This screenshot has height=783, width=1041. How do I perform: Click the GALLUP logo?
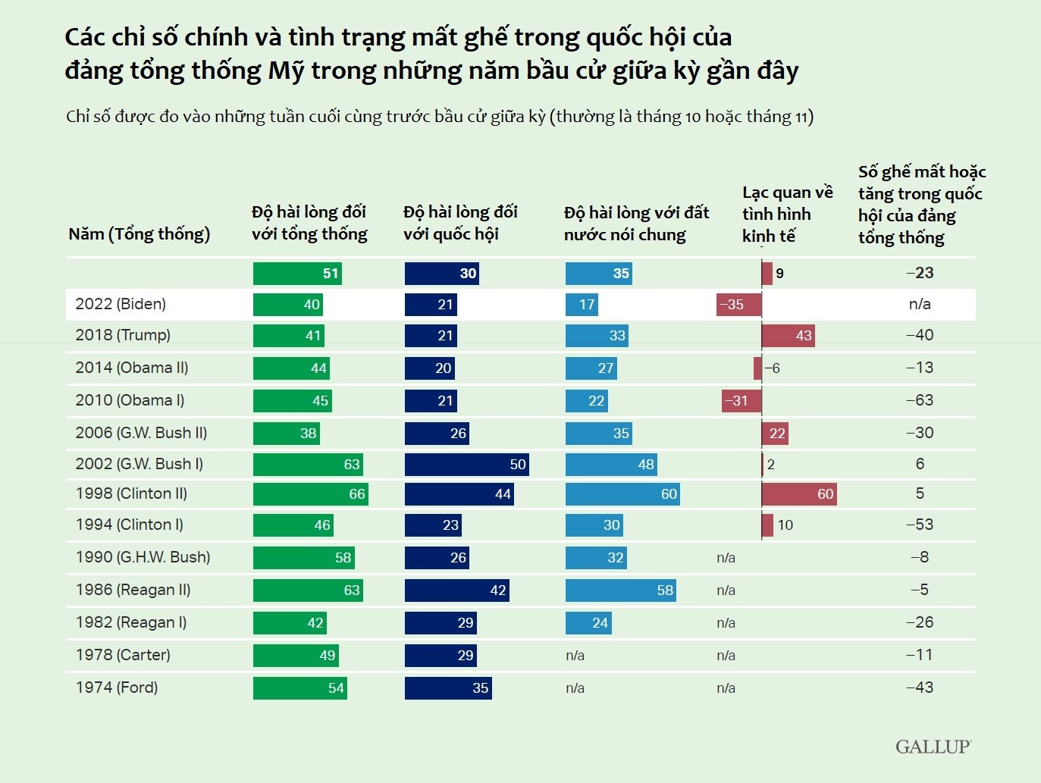tap(933, 747)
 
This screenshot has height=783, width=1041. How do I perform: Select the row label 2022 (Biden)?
tap(121, 304)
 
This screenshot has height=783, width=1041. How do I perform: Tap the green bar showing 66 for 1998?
tap(310, 494)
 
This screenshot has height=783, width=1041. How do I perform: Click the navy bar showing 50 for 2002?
tap(466, 464)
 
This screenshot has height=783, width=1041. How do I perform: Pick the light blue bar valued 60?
tap(622, 494)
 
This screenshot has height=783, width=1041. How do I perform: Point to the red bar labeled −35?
tap(738, 305)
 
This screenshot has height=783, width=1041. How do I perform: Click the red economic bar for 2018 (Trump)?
tap(788, 335)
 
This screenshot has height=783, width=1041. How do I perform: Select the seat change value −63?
tap(920, 400)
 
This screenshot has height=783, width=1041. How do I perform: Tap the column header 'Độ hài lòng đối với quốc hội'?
tap(460, 223)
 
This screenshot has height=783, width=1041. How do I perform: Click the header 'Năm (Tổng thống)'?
tap(140, 233)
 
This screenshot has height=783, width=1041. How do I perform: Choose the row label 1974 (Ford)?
tap(117, 687)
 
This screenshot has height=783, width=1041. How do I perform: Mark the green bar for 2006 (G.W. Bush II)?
tap(286, 433)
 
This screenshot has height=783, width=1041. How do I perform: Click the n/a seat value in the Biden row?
tap(920, 304)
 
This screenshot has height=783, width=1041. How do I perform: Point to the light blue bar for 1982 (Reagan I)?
tap(588, 623)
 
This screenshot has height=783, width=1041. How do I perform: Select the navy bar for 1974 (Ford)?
tap(448, 688)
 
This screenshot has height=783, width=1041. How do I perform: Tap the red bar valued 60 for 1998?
tap(799, 494)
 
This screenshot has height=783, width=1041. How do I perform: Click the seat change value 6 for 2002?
tap(920, 464)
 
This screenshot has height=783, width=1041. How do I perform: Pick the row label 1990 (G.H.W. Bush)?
tap(143, 557)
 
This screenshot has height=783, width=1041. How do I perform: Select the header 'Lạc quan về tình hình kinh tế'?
tap(787, 215)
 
